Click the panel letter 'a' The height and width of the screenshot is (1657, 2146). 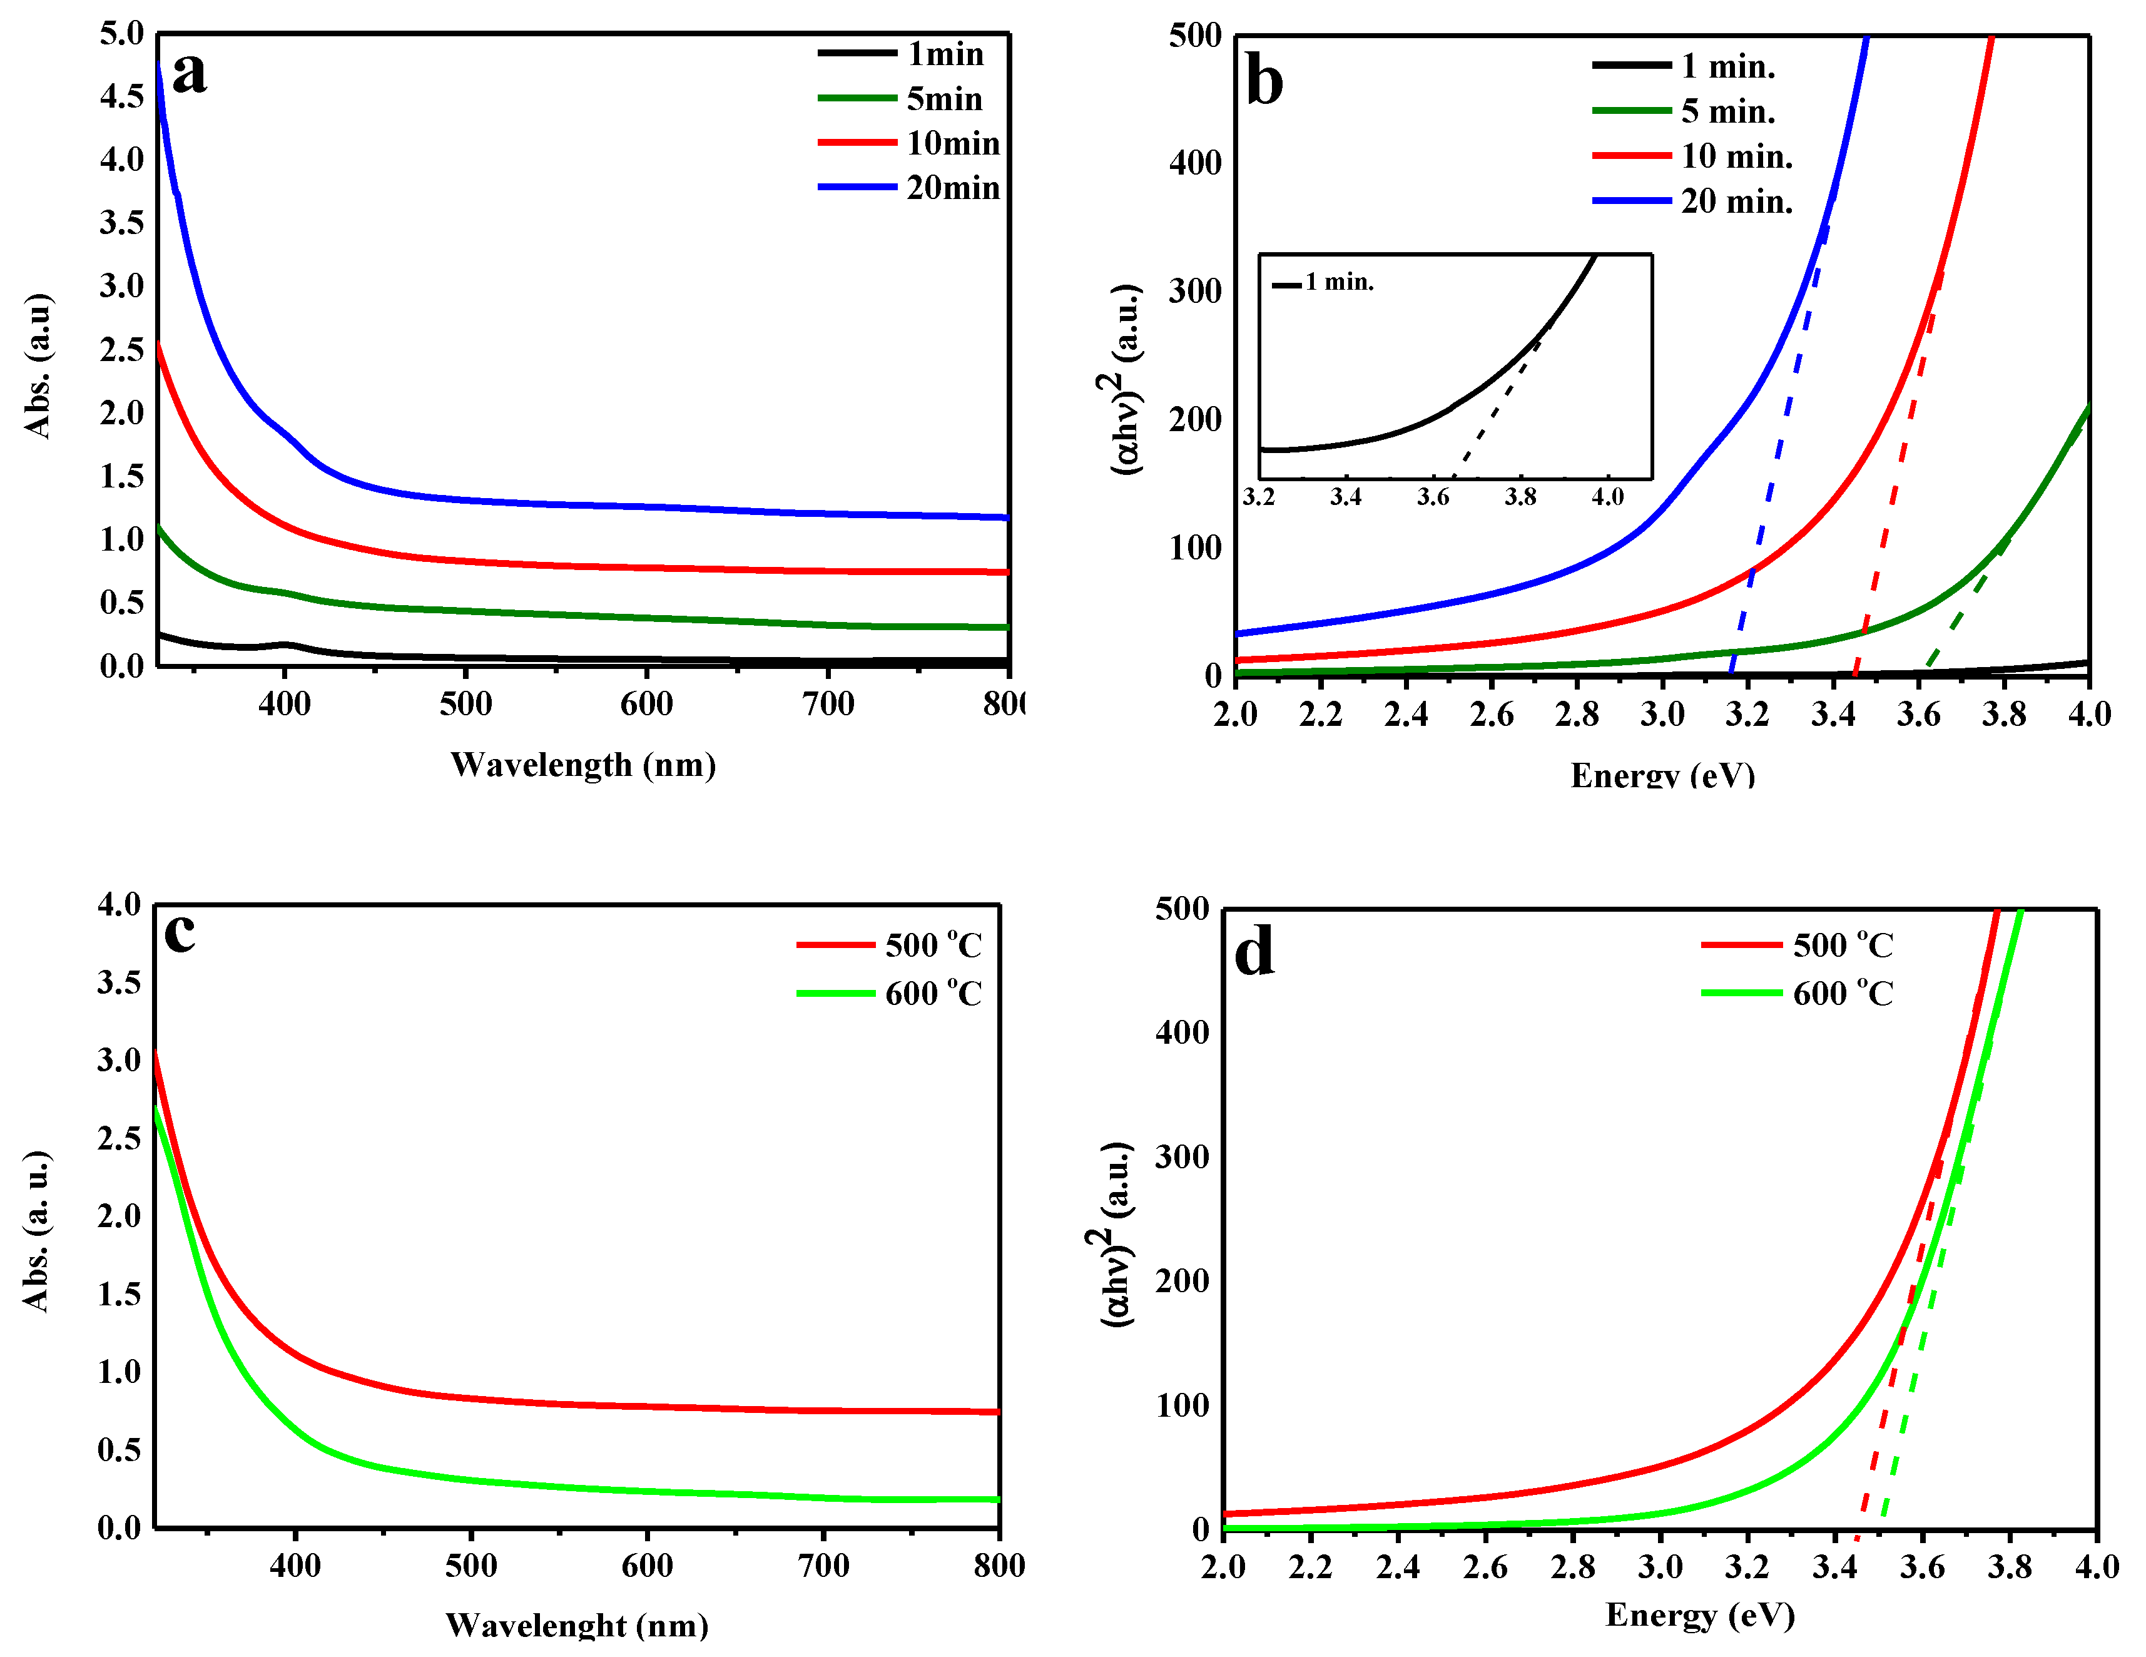189,74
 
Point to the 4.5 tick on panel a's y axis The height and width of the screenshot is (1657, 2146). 122,96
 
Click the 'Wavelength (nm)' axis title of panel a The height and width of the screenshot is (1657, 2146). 582,765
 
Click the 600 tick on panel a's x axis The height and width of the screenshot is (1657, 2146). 646,704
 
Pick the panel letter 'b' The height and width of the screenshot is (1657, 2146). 1264,81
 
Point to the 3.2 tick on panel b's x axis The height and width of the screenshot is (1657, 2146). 1747,715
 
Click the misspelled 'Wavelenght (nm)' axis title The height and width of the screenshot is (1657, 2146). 577,1626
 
